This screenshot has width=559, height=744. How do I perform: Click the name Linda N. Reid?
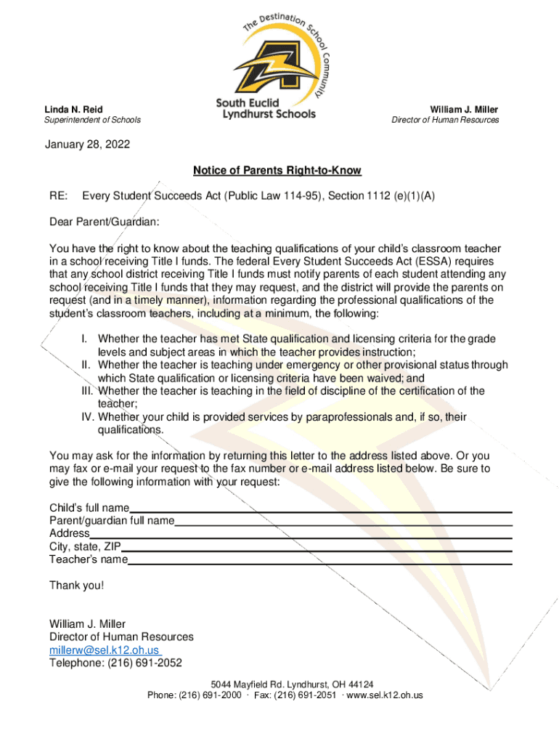[73, 109]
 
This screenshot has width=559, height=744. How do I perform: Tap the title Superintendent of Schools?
[92, 120]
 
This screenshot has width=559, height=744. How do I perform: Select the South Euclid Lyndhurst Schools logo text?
[266, 108]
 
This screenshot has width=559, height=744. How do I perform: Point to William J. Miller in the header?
[464, 109]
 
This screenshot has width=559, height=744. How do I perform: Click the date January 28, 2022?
[89, 145]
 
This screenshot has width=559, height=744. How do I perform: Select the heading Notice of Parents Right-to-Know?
[277, 171]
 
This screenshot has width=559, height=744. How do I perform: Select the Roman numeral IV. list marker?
[86, 417]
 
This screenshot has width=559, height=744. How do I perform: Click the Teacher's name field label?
[89, 559]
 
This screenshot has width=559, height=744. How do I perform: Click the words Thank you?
[76, 586]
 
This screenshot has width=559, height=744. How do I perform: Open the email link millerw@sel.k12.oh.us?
[105, 650]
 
